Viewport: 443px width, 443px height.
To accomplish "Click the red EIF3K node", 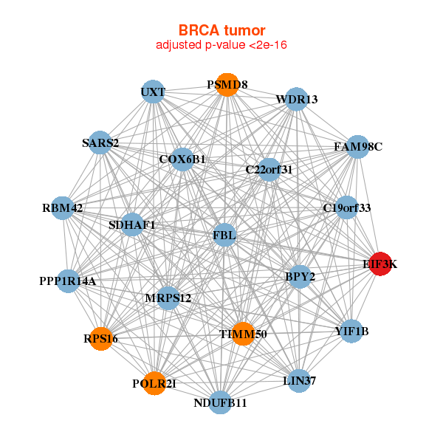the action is click(380, 264).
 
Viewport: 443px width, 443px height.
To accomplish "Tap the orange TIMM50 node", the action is click(242, 334).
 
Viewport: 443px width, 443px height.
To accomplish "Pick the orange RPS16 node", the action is click(100, 339).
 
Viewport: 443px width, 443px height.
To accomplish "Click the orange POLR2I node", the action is click(154, 383).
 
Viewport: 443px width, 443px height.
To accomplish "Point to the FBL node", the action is click(224, 236).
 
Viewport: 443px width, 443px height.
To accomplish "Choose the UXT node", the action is click(153, 92).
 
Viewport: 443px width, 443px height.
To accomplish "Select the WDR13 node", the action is click(297, 99).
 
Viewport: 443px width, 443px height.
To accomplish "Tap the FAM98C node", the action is click(357, 147).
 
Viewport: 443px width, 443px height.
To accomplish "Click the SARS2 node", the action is click(100, 142).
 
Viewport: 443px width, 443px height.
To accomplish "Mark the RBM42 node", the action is click(63, 208).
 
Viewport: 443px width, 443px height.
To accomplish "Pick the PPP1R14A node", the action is click(67, 281).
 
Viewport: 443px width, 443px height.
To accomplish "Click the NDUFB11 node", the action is click(220, 402).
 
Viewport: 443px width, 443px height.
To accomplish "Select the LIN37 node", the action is click(299, 381).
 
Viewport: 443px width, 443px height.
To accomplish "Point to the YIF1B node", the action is click(351, 331).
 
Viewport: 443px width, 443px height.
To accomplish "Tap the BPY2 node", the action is click(300, 277).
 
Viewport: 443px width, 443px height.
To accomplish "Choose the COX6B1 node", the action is click(182, 159).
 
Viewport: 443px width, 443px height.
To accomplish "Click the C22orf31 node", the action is click(269, 170).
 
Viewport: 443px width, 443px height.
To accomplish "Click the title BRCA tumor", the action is click(221, 30).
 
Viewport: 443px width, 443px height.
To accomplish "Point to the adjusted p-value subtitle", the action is click(221, 45).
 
